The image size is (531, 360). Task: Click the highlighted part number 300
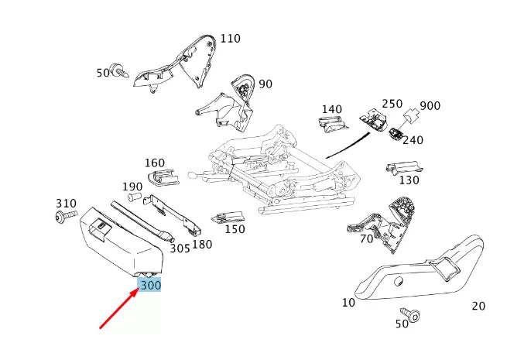[151, 286]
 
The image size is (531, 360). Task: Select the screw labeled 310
[67, 216]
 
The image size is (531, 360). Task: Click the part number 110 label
[230, 38]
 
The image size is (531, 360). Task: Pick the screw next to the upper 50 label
[121, 71]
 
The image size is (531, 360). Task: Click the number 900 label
[430, 106]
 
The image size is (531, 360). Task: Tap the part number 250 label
[392, 104]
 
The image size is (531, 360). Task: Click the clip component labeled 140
[331, 122]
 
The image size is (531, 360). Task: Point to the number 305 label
[180, 248]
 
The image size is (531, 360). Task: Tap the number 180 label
[202, 245]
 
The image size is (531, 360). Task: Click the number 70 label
[367, 238]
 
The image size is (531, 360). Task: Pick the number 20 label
[478, 306]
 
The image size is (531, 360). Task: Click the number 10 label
[348, 302]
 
